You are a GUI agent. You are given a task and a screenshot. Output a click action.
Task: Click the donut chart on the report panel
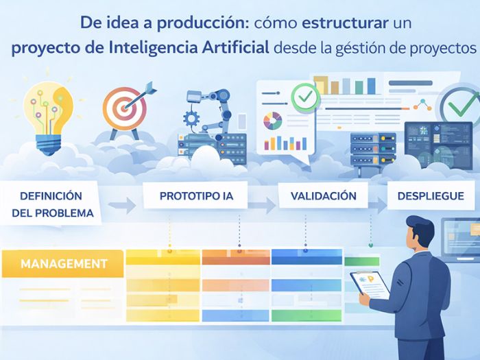tap(272, 121)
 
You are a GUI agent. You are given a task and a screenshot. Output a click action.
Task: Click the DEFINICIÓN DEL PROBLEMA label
tap(52, 204)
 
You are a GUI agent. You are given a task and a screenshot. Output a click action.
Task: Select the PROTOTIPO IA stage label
tap(196, 196)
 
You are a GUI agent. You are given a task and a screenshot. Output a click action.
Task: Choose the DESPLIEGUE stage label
tap(431, 196)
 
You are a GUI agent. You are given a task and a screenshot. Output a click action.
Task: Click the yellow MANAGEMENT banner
tap(63, 263)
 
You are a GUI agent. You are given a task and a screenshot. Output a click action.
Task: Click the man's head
tap(416, 235)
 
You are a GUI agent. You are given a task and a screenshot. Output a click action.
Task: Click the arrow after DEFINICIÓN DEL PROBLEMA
tap(122, 205)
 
